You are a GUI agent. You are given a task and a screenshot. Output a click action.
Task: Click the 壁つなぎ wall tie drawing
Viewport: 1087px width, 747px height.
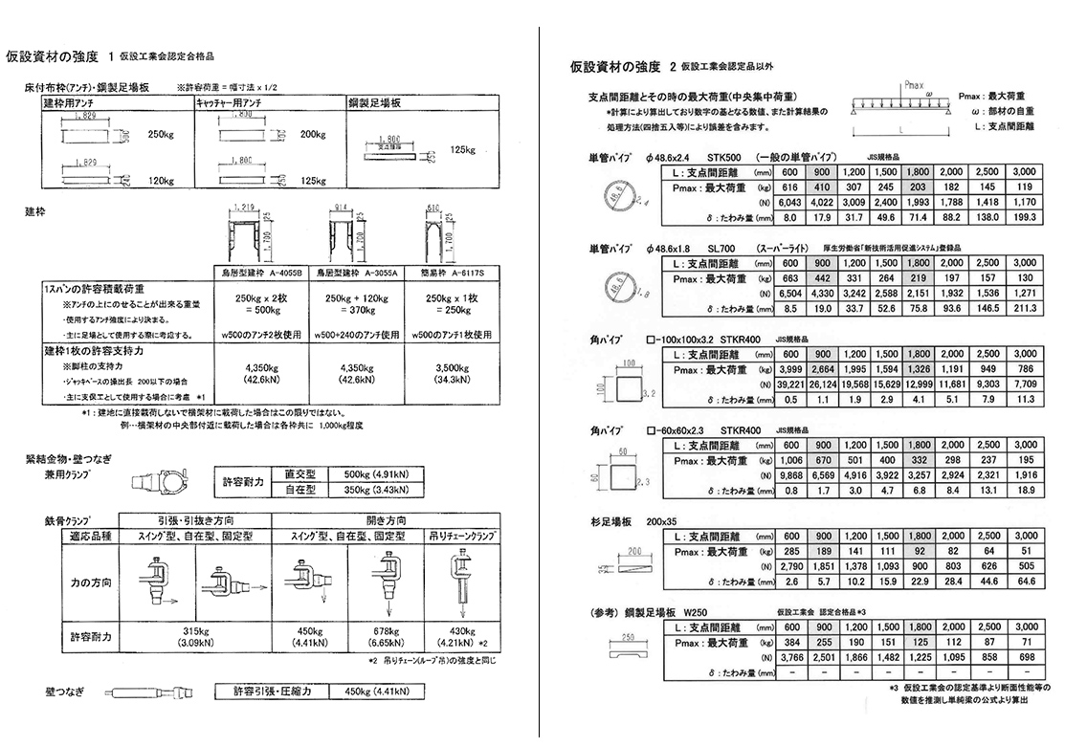coord(147,692)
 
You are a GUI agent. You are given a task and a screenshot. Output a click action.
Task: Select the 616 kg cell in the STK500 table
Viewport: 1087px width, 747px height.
coord(790,188)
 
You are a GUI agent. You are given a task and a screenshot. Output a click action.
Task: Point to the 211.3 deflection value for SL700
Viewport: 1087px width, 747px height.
coord(1024,309)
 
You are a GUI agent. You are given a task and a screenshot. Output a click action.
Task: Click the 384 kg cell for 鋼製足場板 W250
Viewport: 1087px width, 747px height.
coord(790,643)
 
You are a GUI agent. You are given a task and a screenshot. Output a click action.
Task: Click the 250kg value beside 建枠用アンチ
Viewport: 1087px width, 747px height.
coord(161,135)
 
